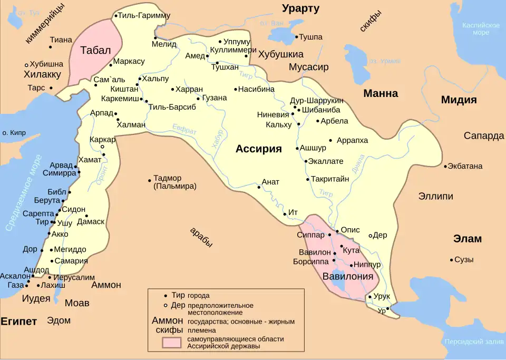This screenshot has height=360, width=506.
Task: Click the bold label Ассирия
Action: click(x=258, y=149)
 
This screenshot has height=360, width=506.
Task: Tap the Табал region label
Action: click(x=95, y=51)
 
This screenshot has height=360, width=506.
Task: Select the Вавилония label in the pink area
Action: click(x=347, y=276)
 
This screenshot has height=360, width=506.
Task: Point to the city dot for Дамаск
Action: click(x=86, y=216)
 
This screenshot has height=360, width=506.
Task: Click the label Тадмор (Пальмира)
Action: click(x=174, y=182)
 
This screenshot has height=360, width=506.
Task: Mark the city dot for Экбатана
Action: click(x=445, y=167)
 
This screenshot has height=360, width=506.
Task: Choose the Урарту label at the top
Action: click(x=300, y=8)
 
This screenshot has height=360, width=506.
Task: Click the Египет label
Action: click(x=19, y=322)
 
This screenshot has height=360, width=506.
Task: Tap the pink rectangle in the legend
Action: click(x=173, y=342)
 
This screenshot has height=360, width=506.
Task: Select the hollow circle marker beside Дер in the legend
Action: click(x=166, y=305)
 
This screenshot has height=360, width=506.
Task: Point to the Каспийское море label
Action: click(x=480, y=28)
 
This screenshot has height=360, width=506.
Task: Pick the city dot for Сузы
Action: click(x=452, y=259)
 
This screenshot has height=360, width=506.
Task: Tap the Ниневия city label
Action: click(x=273, y=114)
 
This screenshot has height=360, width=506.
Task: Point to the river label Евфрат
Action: click(x=184, y=130)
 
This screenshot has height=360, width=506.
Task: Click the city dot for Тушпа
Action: click(x=297, y=37)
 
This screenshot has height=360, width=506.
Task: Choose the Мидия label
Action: click(x=459, y=100)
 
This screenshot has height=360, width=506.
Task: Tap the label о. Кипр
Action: click(x=14, y=133)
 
